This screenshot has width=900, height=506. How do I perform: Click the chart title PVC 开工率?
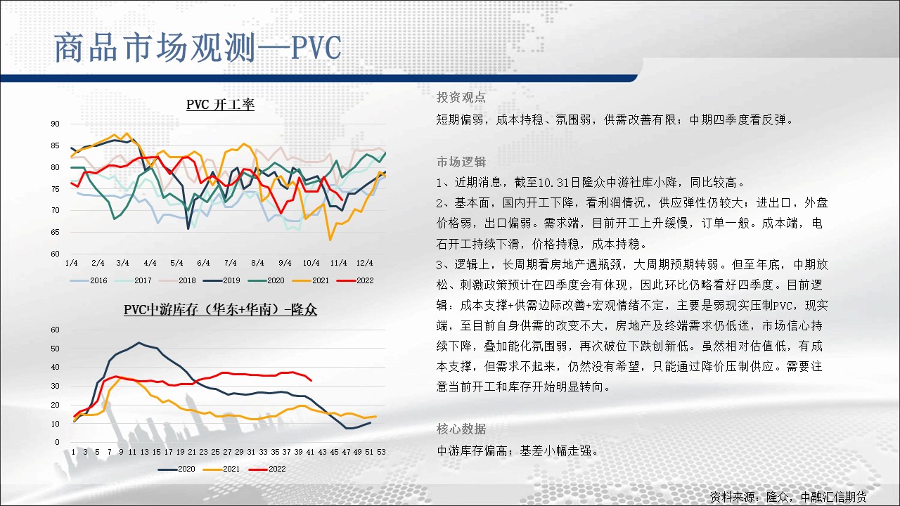[x=220, y=105]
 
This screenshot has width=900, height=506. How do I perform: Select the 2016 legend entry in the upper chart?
[x=89, y=280]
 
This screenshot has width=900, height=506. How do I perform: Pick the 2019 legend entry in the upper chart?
[x=221, y=280]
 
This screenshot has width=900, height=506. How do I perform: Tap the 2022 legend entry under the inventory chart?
[x=267, y=469]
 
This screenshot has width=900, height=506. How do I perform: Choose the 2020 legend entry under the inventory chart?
[x=176, y=469]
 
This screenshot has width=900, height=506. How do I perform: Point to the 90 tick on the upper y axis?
[x=55, y=124]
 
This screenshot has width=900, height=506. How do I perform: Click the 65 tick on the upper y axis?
[x=55, y=232]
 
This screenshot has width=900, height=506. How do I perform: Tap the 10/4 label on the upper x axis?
[x=311, y=263]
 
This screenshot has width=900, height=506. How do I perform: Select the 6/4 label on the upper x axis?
[x=203, y=263]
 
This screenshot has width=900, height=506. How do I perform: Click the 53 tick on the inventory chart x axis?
[x=381, y=452]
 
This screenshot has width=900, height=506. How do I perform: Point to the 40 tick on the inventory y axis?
[x=55, y=367]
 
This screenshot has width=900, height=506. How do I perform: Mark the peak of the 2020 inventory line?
[x=139, y=342]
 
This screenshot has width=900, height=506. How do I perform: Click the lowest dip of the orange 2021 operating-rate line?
[x=330, y=240]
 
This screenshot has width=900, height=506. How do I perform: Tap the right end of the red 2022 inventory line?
[x=311, y=380]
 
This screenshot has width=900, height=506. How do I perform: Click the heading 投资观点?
[x=461, y=97]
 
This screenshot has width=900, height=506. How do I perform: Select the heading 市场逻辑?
[x=461, y=162]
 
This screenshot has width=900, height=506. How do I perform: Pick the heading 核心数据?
[x=461, y=429]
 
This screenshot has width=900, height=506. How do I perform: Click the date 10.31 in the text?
[x=553, y=183]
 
